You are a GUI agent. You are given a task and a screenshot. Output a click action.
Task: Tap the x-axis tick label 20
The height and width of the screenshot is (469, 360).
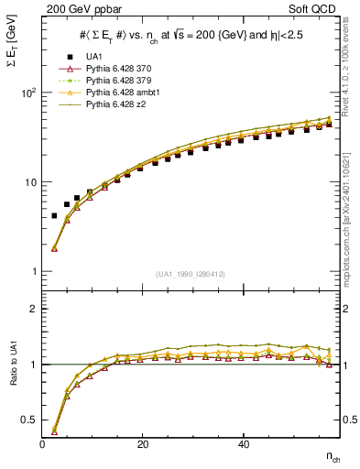pos(143,444)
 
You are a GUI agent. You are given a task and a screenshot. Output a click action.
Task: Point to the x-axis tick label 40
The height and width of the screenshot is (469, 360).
pos(243,444)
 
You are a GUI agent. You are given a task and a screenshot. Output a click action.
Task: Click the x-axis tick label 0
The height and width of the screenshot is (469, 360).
pos(43,444)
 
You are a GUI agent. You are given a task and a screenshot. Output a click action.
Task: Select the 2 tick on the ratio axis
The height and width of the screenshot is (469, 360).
pos(34,309)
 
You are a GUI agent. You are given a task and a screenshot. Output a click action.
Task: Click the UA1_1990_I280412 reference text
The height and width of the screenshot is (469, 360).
pos(191,274)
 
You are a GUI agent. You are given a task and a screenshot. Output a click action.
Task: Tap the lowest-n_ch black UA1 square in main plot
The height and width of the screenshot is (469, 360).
pos(54,216)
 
